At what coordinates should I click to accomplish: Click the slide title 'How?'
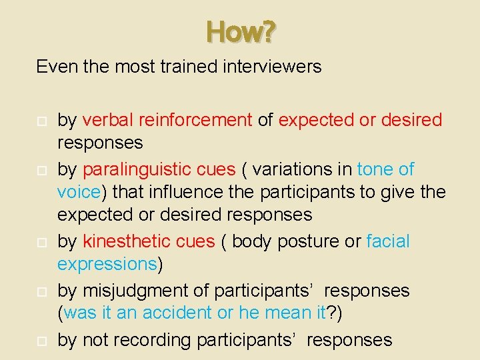[x=240, y=31]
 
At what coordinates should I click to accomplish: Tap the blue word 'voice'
[x=79, y=192]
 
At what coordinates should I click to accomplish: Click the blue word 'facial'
[x=388, y=241]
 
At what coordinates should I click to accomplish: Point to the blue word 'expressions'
[x=107, y=264]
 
